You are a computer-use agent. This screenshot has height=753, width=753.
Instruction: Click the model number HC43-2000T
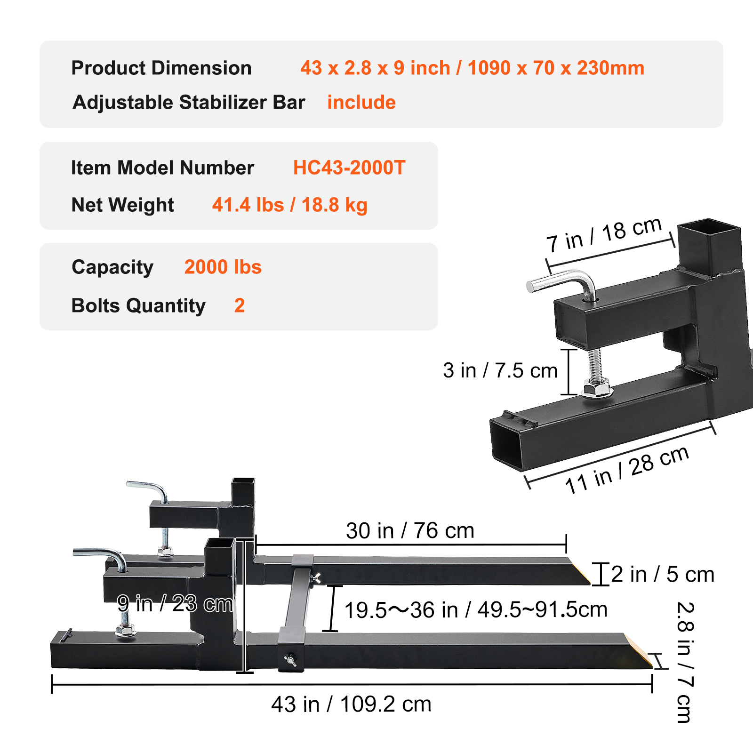[x=349, y=168]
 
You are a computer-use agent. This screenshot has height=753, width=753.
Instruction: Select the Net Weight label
[x=122, y=205]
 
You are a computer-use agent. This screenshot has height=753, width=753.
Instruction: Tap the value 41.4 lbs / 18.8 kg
[x=289, y=205]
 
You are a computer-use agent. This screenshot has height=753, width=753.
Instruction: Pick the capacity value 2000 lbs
[x=223, y=267]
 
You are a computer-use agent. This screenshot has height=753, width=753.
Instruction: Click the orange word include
[x=361, y=103]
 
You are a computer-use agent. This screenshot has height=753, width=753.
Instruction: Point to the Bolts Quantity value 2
[x=240, y=306]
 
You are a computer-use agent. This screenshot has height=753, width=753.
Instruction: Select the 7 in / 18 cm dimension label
[x=604, y=235]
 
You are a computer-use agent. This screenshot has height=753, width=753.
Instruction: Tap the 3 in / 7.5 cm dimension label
[x=500, y=371]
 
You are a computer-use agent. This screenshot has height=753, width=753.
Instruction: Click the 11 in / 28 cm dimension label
[x=627, y=470]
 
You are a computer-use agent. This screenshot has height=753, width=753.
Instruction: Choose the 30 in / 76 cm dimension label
[x=410, y=531]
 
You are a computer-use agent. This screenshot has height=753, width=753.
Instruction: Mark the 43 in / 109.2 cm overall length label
[x=351, y=705]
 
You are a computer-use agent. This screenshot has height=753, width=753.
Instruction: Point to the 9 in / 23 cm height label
[x=175, y=604]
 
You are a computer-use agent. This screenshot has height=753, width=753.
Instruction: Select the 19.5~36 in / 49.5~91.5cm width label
[x=475, y=610]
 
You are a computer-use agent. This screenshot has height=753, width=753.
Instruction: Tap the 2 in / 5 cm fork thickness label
[x=663, y=575]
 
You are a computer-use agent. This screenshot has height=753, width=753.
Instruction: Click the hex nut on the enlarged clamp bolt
[x=597, y=390]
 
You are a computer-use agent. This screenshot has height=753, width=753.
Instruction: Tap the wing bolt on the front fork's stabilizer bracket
[x=290, y=660]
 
